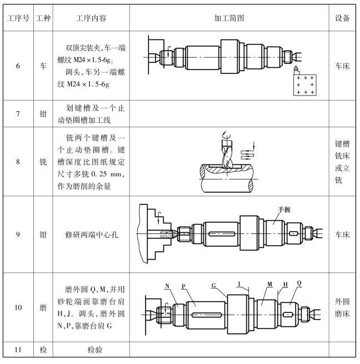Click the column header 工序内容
click(91, 18)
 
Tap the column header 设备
click(343, 18)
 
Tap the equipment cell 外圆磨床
click(343, 307)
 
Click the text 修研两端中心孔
click(91, 235)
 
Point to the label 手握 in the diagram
click(285, 210)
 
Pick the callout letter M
click(269, 283)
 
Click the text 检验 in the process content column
click(91, 351)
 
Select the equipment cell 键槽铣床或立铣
click(343, 162)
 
